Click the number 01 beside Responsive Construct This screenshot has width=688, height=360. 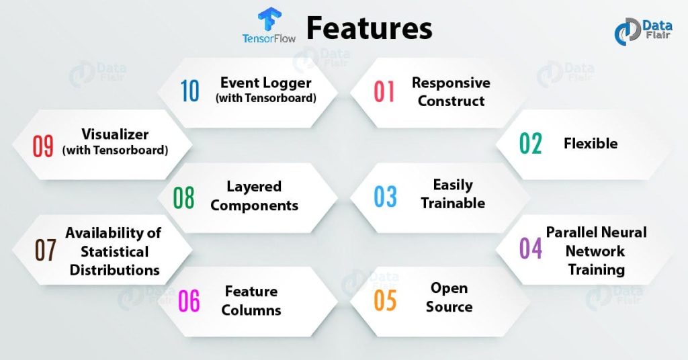[384, 91]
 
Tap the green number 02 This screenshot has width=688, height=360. [531, 143]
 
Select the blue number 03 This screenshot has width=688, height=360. [386, 196]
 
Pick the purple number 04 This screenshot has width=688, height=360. [531, 249]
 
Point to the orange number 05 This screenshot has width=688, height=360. [385, 300]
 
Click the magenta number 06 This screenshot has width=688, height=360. [189, 302]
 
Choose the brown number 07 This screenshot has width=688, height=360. [45, 250]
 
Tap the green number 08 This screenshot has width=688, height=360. [183, 197]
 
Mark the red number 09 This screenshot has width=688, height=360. [43, 146]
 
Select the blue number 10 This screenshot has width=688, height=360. [190, 91]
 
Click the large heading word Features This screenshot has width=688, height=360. [369, 28]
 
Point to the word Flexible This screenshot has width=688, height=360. [591, 143]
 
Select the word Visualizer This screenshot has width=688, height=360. [114, 134]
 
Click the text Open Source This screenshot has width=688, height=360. [449, 297]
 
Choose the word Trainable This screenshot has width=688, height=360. [453, 202]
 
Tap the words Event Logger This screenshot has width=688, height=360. [265, 83]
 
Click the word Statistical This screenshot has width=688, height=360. [115, 251]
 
